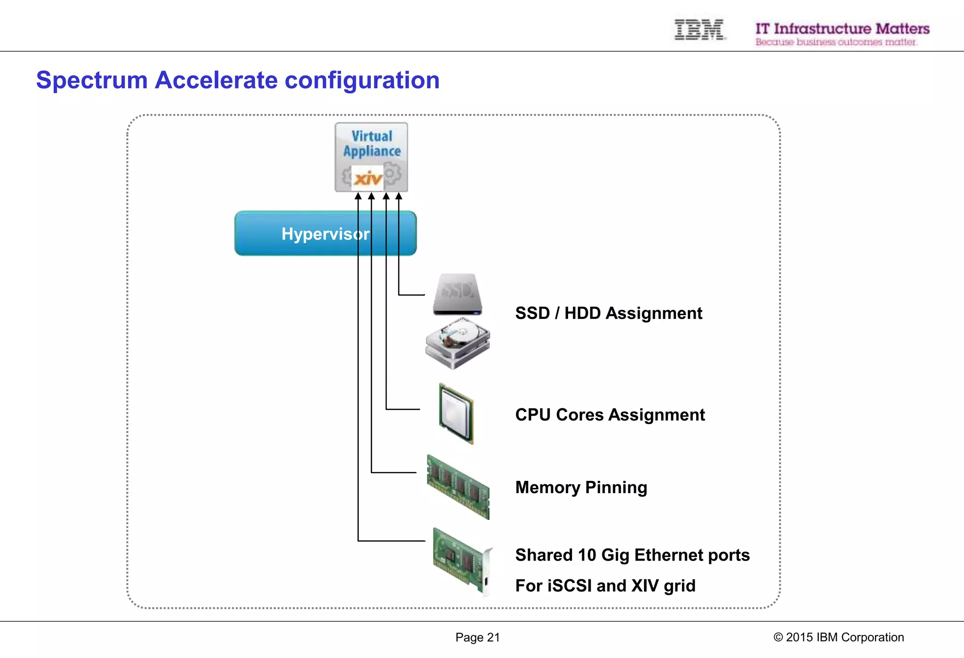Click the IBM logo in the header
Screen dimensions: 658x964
[699, 30]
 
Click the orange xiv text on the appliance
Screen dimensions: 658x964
[368, 179]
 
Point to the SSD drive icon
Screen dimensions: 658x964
[457, 294]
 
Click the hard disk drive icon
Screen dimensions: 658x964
[458, 343]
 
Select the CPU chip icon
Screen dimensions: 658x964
[456, 414]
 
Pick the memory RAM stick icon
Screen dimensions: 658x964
[458, 487]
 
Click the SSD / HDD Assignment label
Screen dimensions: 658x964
[609, 313]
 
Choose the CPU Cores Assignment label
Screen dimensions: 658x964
[610, 415]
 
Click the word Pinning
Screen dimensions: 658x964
[616, 487]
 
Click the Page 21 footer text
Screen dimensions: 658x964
[477, 637]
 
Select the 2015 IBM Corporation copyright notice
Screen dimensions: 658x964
[839, 637]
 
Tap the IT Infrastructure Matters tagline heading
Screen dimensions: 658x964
[842, 29]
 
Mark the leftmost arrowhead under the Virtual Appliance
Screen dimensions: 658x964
[358, 196]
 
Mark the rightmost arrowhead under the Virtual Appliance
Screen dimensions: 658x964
[399, 196]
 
